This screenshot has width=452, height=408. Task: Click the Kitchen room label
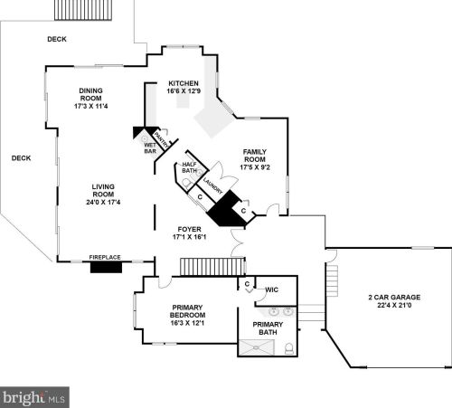point(184,83)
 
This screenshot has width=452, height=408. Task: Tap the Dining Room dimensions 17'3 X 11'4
point(91,106)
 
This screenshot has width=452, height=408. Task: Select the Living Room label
point(103,191)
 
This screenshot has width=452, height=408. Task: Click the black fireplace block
point(106,267)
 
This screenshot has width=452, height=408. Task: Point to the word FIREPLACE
point(105,257)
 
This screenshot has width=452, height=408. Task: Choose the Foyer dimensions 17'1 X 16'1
point(189,237)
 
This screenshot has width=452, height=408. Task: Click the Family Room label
point(255,156)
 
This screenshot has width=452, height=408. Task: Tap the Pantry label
point(161,140)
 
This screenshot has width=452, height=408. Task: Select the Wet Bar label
point(150,148)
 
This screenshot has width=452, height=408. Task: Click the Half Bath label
point(189,167)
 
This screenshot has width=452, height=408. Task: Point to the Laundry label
point(212,186)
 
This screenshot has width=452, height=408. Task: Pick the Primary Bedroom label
point(187,311)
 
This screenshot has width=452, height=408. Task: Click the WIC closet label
point(271,289)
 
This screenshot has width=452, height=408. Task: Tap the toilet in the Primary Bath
point(289,348)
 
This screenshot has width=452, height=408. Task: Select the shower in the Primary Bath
point(257,347)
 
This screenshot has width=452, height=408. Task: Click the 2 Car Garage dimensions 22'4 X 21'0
point(394,305)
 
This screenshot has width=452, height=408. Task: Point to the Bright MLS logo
point(34,397)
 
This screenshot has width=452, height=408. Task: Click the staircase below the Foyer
point(212,267)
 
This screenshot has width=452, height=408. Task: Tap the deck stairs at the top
point(83,10)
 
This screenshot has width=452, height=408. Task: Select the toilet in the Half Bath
point(187,184)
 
